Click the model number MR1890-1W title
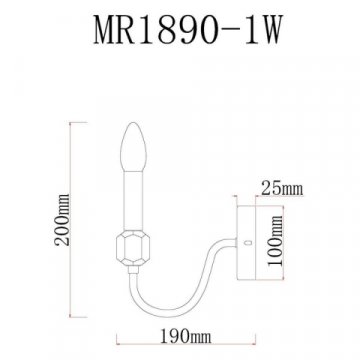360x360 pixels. (180, 27)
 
